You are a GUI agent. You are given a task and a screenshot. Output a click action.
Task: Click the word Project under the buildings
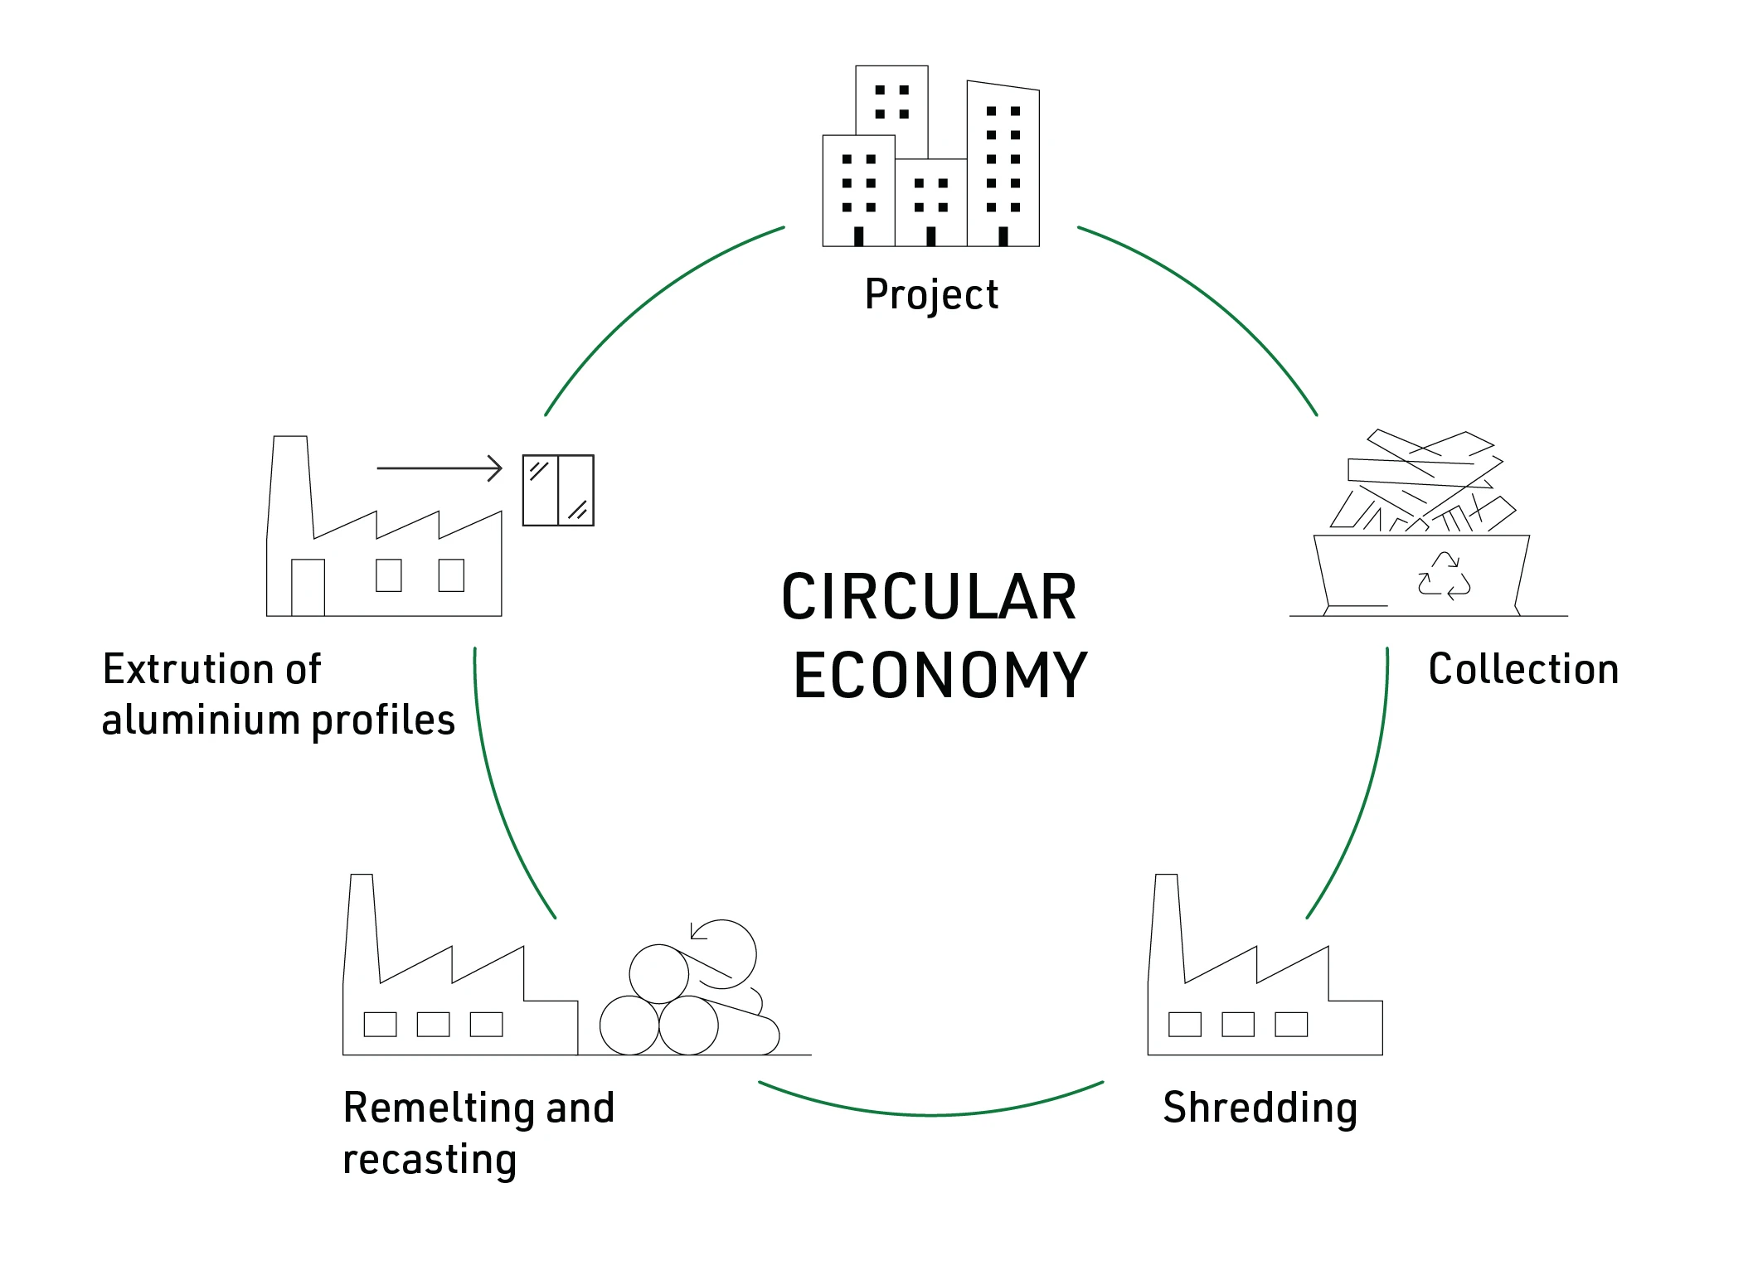(930, 295)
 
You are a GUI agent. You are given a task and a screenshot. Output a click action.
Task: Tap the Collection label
(1522, 669)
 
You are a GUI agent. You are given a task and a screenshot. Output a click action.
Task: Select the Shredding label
(1259, 1108)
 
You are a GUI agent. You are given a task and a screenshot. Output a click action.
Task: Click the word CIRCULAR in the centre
(929, 597)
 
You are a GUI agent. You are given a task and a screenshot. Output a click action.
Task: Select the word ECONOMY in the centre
(940, 676)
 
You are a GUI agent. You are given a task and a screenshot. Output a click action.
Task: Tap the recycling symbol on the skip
(1444, 575)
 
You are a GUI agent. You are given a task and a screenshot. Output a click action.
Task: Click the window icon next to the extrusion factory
(558, 490)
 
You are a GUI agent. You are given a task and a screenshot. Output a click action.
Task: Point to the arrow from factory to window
(439, 468)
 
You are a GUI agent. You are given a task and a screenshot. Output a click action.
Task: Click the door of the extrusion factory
(308, 587)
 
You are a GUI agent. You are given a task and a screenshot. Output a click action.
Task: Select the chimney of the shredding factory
(1166, 920)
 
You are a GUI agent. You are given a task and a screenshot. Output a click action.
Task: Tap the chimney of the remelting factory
(362, 920)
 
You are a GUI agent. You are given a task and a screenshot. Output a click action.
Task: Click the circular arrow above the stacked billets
(724, 953)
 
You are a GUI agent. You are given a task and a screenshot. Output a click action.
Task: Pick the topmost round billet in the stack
(659, 974)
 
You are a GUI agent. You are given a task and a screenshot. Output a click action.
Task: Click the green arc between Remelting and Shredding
(930, 1114)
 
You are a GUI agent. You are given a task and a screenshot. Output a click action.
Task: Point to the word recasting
(430, 1159)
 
